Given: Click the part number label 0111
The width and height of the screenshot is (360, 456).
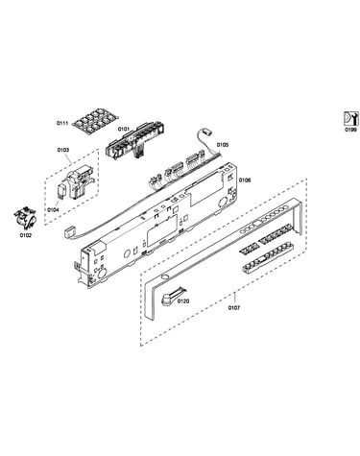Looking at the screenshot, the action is tap(62, 123).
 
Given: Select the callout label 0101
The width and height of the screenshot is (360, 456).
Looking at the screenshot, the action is tap(124, 129).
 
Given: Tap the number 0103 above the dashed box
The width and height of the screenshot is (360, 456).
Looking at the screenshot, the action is tap(63, 150).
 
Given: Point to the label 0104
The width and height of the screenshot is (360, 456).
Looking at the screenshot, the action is tap(53, 210).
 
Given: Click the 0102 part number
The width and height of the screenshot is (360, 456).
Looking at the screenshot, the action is tap(26, 235).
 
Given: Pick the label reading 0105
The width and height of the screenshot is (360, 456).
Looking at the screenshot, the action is tap(223, 145).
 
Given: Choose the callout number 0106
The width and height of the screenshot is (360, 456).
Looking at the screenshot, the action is tap(245, 180).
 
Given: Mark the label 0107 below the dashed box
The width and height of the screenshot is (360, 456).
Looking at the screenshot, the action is tap(234, 308).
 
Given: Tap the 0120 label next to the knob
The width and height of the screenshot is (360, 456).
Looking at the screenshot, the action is tap(183, 301).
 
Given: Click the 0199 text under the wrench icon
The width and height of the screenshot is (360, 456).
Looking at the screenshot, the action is tap(350, 130).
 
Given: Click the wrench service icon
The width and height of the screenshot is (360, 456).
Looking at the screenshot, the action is tap(350, 118).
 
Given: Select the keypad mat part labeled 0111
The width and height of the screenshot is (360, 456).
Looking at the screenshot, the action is tap(94, 120).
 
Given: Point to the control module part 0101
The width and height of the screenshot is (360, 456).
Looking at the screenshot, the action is tap(136, 139).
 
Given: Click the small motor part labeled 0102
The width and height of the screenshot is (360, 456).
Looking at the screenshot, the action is tap(25, 219).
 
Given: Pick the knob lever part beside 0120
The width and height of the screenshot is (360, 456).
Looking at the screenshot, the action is tap(172, 296).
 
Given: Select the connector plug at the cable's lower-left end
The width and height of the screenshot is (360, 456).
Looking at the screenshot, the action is tap(69, 231).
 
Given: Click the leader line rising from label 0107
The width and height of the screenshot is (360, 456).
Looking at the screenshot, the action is tap(234, 299).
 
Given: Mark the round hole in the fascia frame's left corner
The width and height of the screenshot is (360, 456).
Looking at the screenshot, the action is tap(164, 277).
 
